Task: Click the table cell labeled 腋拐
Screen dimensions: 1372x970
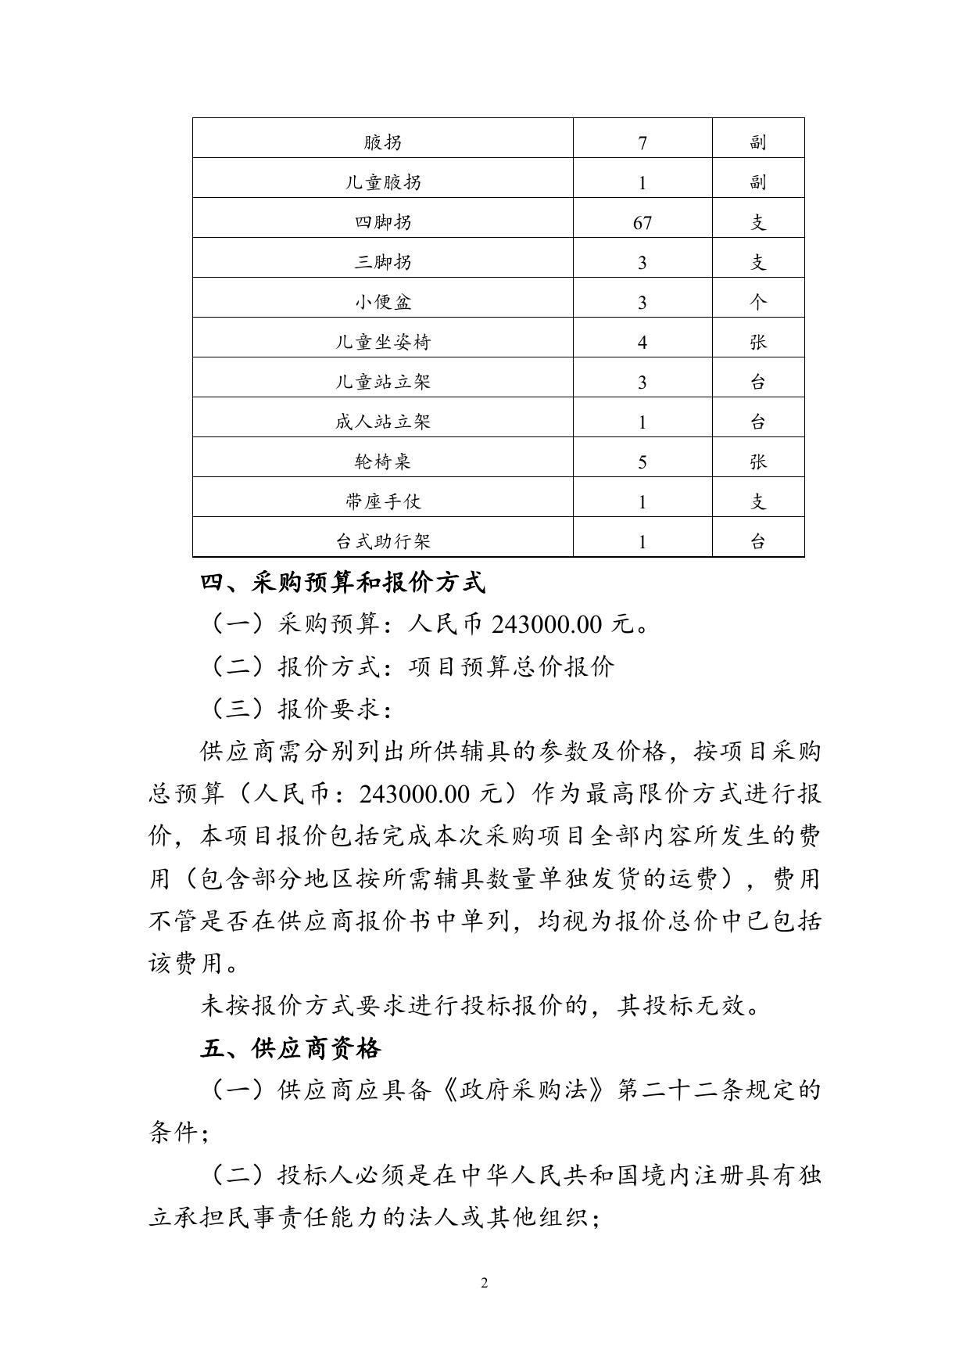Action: [383, 142]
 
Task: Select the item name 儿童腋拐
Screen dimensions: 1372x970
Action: [383, 182]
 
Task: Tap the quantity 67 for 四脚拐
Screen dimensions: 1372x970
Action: [642, 223]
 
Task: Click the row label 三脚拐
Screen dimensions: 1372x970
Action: [383, 262]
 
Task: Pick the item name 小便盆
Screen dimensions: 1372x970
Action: [383, 302]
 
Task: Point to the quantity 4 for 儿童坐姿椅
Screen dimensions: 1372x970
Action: [642, 343]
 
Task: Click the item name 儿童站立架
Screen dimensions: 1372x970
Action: [383, 382]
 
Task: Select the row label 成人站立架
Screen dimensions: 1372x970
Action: [383, 422]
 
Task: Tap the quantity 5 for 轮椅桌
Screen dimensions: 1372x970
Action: [642, 462]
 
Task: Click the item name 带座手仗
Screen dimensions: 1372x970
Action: [383, 501]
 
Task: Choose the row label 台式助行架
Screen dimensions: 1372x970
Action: [383, 541]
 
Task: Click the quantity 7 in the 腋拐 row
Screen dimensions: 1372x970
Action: [642, 143]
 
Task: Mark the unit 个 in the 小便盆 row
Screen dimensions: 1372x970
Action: [758, 302]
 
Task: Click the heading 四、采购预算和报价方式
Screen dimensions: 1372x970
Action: [343, 583]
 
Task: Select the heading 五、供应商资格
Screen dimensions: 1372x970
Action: [291, 1048]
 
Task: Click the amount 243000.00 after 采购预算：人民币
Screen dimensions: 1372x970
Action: [547, 625]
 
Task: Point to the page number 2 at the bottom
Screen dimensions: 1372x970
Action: [485, 1283]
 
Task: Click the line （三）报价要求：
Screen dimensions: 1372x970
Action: [301, 709]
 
